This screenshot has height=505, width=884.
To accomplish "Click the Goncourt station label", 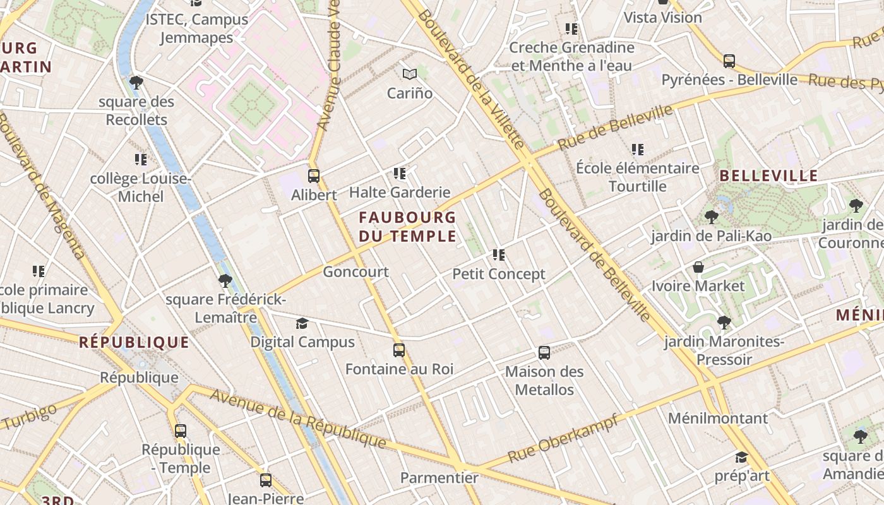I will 355,272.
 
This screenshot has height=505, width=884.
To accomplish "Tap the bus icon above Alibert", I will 314,176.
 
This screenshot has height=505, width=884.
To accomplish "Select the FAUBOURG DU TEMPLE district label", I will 407,227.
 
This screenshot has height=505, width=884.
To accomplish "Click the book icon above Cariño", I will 410,74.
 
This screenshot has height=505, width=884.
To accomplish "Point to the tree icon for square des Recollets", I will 136,83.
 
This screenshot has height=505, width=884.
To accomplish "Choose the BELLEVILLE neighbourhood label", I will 768,176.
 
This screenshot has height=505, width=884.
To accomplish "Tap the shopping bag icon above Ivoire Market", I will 698,267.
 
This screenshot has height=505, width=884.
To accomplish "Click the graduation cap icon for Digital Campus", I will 302,324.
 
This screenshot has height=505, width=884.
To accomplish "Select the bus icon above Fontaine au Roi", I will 399,350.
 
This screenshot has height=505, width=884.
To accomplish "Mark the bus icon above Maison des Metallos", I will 544,353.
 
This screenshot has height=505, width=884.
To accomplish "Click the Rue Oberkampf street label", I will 563,438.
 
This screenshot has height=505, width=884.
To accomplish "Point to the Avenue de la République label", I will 297,418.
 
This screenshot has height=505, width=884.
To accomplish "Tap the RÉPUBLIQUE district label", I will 134,343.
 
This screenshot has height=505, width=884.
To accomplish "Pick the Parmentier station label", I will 439,478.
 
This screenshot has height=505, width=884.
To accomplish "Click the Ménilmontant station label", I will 718,419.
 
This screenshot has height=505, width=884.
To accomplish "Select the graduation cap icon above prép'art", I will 741,457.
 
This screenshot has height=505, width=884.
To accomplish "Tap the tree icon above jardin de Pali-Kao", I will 712,218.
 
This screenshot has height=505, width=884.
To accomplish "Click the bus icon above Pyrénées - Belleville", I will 729,61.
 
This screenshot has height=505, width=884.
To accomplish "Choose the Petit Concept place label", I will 499,275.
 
